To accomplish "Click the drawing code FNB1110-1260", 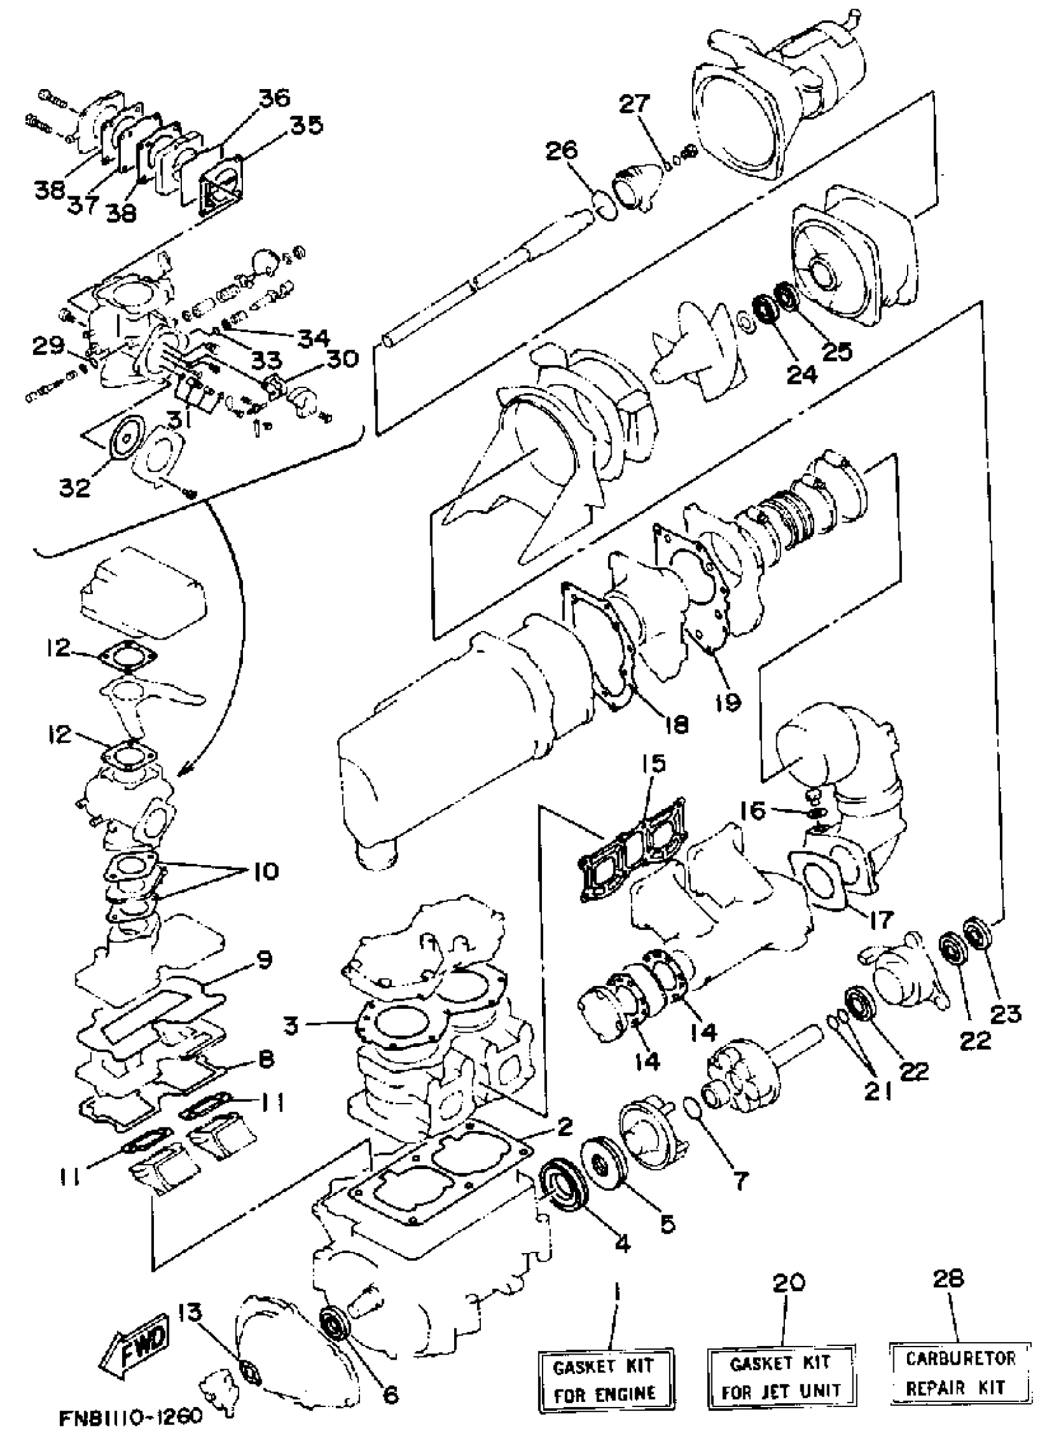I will coord(131,1417).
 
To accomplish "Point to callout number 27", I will coord(634,103).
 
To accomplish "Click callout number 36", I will coord(274,98).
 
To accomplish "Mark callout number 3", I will coord(291,1025).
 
